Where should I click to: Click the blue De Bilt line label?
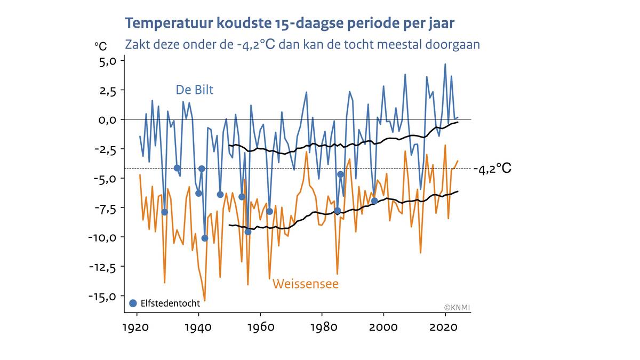click(x=195, y=90)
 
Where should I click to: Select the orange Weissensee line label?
click(x=305, y=284)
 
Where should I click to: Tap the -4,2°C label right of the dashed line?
click(x=492, y=169)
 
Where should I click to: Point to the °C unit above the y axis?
click(x=101, y=46)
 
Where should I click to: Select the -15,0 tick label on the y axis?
click(x=101, y=296)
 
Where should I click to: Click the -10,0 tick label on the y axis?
click(x=101, y=237)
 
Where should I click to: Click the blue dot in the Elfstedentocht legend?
click(x=133, y=303)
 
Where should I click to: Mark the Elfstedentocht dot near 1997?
click(x=374, y=201)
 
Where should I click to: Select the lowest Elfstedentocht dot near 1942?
click(x=205, y=238)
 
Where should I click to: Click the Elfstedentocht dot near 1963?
click(x=269, y=211)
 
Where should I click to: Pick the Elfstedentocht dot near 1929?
click(x=165, y=212)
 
